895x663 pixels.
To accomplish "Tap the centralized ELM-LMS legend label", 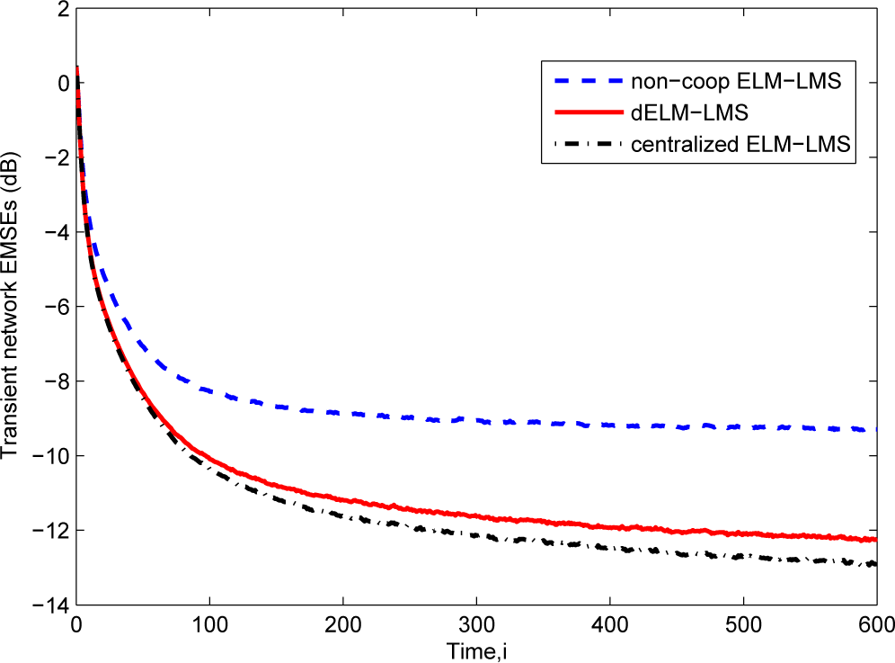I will tap(753, 144).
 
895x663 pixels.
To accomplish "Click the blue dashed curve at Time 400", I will tap(609, 426).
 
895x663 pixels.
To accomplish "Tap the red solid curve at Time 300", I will tap(476, 515).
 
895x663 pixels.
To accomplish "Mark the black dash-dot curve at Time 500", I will tap(743, 558).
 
